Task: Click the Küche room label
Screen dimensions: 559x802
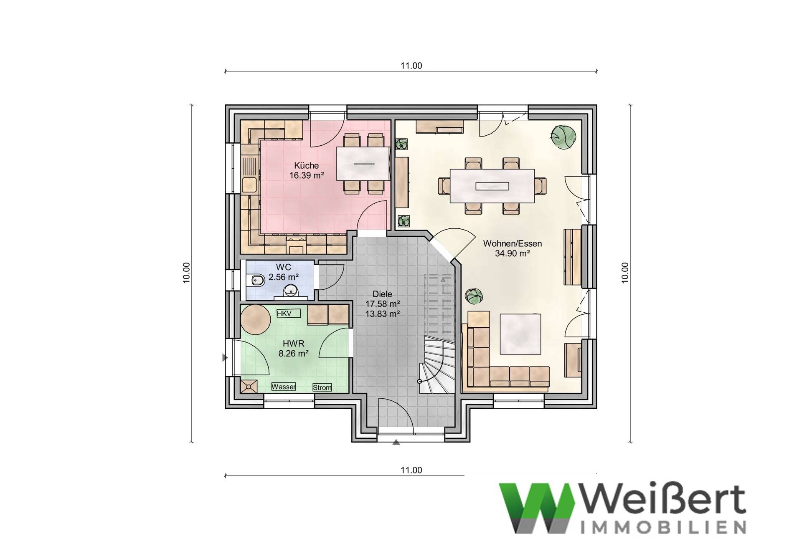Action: [x=306, y=165]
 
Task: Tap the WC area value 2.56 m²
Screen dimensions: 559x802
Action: [x=283, y=277]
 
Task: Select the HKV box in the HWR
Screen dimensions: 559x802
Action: [x=284, y=314]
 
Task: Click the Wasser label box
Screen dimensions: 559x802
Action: [x=284, y=387]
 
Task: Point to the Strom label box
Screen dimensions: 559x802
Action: [x=322, y=388]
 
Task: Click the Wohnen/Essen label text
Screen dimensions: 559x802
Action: [x=512, y=244]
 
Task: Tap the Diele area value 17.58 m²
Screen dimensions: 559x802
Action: [x=383, y=304]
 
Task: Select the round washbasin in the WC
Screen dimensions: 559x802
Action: [x=289, y=290]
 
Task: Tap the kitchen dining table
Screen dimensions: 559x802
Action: [x=363, y=164]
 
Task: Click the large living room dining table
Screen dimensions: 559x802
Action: [x=492, y=186]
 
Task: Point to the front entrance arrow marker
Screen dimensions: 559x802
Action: [x=396, y=443]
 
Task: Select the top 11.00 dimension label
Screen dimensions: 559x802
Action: [x=411, y=66]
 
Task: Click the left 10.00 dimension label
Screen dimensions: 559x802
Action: [x=186, y=273]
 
